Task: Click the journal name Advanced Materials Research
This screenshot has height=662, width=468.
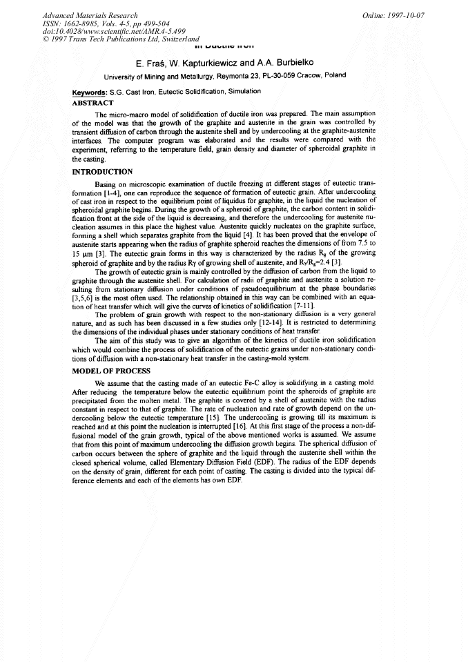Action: pos(90,14)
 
